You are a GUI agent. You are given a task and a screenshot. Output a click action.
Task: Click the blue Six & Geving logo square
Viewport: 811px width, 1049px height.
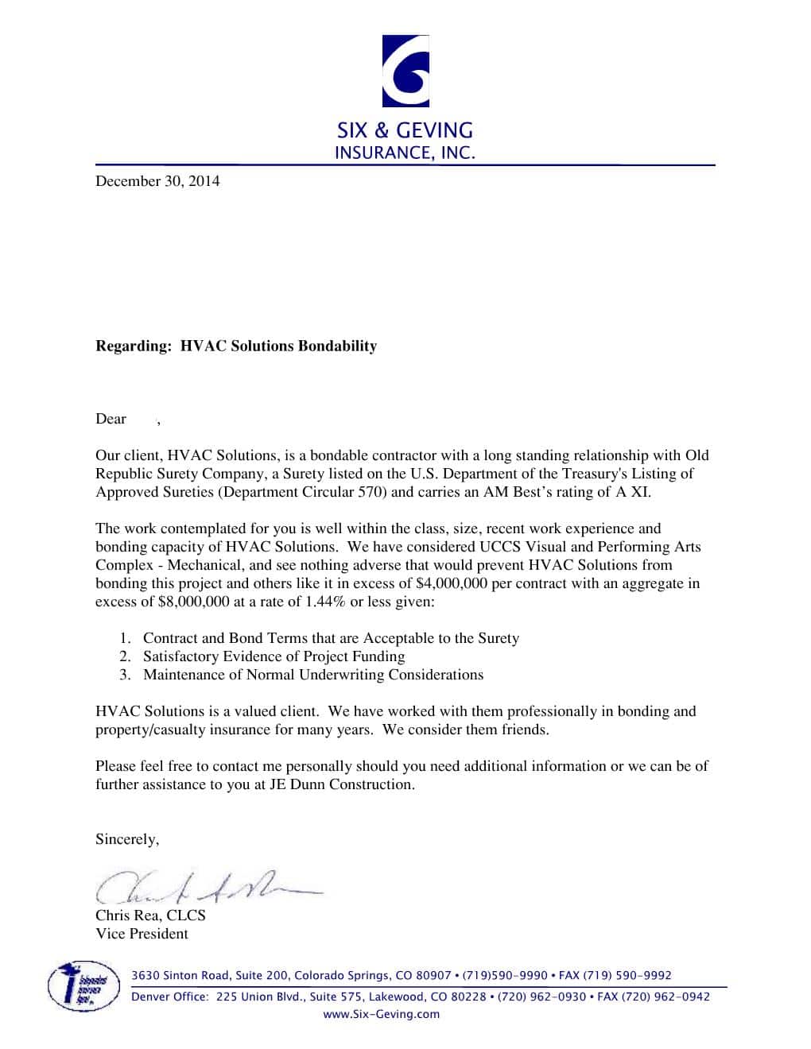click(405, 71)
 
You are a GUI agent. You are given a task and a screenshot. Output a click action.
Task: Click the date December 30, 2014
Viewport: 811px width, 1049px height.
click(157, 181)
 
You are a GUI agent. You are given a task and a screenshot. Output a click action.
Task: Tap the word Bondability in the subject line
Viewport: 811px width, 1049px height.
click(337, 346)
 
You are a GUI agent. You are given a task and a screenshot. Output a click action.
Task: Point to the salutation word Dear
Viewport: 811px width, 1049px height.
click(111, 420)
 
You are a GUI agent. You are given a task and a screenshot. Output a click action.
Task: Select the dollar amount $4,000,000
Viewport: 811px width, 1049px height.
click(451, 584)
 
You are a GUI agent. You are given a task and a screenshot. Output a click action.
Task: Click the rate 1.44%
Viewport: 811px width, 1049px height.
click(326, 602)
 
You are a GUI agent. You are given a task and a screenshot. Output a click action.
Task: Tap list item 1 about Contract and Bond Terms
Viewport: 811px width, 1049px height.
click(331, 639)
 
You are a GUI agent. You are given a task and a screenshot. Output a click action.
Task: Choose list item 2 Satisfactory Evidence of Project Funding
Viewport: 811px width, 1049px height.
click(274, 657)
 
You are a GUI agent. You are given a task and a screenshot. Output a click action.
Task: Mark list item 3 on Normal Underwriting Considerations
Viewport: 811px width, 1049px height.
click(312, 675)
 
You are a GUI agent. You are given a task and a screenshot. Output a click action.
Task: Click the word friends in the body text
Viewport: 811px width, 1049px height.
click(524, 730)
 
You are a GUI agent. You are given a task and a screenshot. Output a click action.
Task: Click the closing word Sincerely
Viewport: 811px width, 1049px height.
click(127, 840)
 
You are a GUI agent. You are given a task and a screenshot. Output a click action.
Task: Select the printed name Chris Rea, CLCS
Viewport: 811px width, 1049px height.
click(150, 916)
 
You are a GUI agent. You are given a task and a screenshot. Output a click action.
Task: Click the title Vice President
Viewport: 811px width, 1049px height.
click(142, 935)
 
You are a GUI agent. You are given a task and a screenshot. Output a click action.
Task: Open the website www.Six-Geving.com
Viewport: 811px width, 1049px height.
click(381, 1015)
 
